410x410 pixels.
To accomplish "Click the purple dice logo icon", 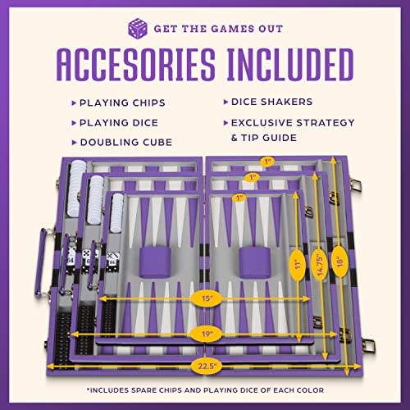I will [138, 28].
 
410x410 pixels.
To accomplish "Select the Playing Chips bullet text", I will [122, 103].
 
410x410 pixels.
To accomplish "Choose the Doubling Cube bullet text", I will [125, 142].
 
